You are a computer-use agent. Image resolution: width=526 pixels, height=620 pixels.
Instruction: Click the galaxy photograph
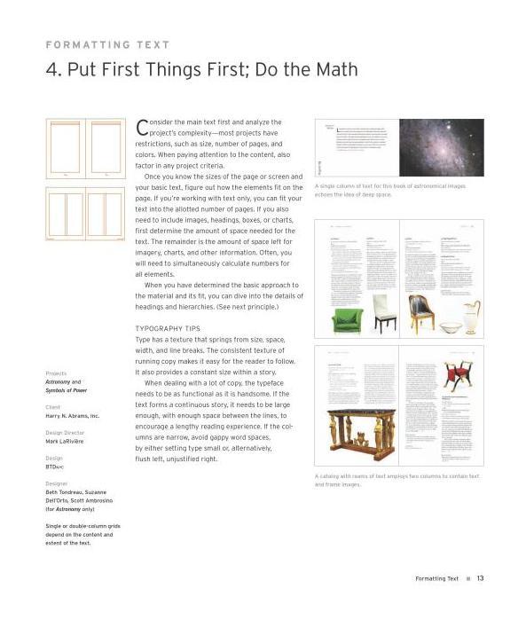pyautogui.click(x=441, y=147)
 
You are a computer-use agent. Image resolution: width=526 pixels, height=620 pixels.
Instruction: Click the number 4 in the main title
pyautogui.click(x=51, y=70)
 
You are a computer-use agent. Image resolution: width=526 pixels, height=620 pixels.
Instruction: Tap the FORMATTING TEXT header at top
pyautogui.click(x=107, y=44)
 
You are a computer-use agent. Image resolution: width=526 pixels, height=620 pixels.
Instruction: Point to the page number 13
pyautogui.click(x=480, y=578)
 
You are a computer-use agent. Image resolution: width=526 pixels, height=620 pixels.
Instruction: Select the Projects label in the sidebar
pyautogui.click(x=56, y=373)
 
